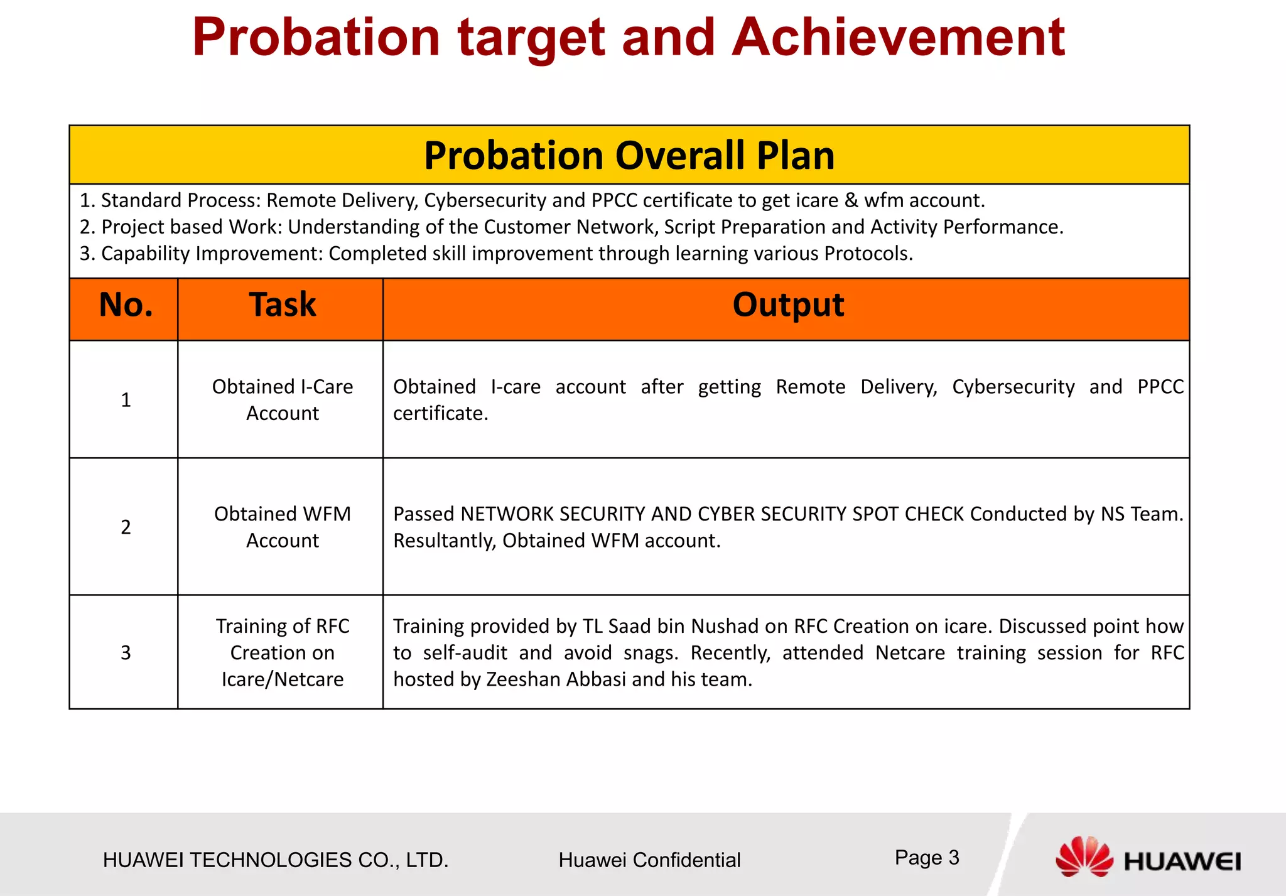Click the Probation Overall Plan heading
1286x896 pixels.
[629, 155]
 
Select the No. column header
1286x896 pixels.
[126, 306]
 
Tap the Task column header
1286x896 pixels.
[282, 306]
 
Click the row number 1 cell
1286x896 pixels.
[126, 400]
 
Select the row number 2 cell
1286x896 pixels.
[126, 527]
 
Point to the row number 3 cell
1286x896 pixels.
[126, 652]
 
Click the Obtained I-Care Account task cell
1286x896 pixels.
[282, 400]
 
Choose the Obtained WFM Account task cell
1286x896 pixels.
[282, 527]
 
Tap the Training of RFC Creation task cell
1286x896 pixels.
[282, 652]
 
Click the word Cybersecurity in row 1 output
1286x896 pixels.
[1013, 387]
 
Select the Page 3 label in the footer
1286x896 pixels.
[926, 858]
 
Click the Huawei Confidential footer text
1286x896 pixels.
[649, 860]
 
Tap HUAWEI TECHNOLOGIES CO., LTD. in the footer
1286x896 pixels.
[276, 860]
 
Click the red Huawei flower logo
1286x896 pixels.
[1084, 857]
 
